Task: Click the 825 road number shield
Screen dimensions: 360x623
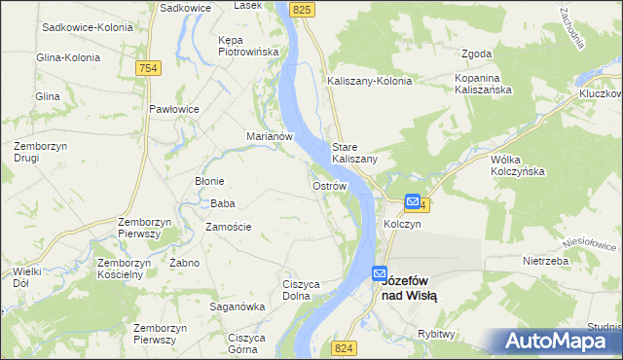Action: [303, 9]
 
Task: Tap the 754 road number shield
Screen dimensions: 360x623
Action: [148, 67]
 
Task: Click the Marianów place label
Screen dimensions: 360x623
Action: [270, 137]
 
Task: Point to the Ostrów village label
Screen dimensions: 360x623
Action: [329, 185]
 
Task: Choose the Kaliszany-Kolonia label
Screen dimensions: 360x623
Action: [370, 81]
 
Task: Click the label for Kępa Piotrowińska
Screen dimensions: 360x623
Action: [249, 46]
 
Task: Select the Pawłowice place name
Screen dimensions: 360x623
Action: [174, 109]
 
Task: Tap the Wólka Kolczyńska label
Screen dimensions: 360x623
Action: [518, 164]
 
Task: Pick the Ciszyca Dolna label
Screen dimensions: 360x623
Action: [302, 290]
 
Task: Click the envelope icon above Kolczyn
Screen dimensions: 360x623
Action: [413, 202]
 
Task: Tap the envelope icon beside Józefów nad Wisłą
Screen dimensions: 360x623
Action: [379, 275]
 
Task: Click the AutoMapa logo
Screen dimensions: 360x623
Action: [559, 342]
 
